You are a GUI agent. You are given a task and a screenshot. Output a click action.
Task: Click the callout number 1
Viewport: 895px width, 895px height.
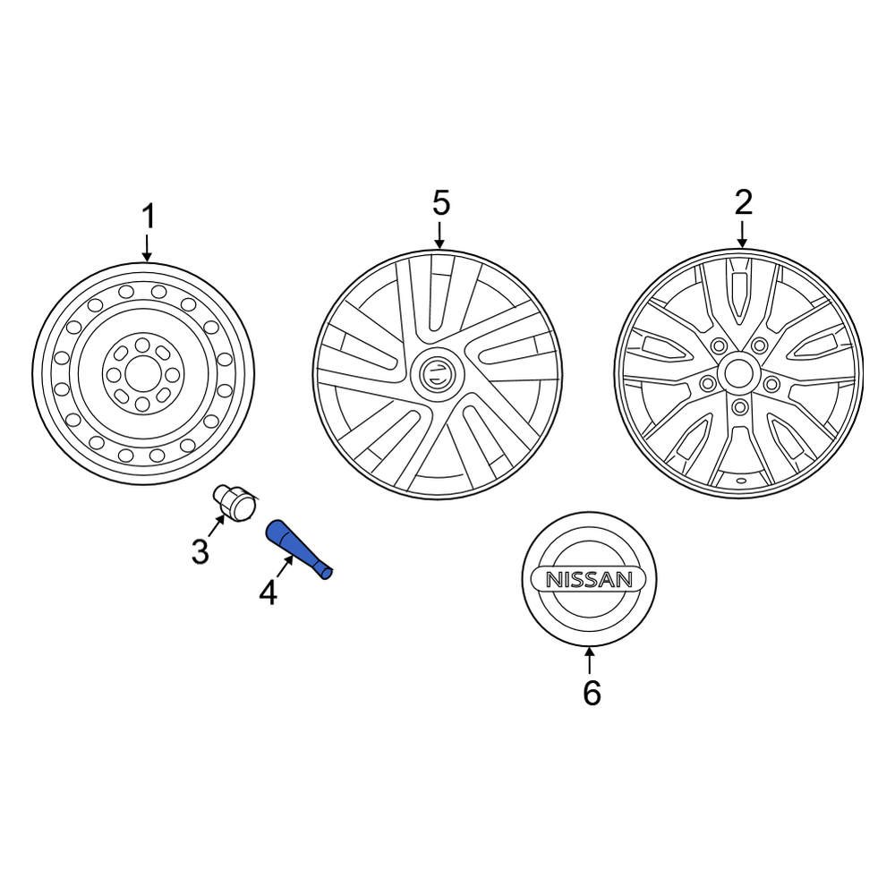click(x=149, y=217)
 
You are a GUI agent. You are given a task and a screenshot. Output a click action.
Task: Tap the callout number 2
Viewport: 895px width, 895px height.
click(x=743, y=203)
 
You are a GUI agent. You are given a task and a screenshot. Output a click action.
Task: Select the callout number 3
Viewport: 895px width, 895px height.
click(x=200, y=551)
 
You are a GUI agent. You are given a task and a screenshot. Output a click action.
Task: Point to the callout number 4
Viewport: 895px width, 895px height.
click(x=268, y=592)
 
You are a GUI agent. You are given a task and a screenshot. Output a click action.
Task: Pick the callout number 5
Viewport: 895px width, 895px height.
click(x=440, y=203)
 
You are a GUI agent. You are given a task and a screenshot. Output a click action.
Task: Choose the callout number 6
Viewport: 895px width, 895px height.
click(x=591, y=692)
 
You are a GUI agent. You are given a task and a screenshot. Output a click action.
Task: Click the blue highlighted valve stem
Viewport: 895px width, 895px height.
click(x=299, y=550)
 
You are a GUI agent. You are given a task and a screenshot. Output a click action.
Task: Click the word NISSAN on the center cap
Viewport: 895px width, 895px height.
click(x=589, y=579)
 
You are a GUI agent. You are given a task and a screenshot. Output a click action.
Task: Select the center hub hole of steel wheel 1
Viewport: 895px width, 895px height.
click(x=142, y=375)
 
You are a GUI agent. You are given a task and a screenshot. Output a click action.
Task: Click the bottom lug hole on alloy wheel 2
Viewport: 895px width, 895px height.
click(x=739, y=407)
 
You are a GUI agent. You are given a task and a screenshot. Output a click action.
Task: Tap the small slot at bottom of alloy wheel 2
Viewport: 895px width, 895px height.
click(x=741, y=481)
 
